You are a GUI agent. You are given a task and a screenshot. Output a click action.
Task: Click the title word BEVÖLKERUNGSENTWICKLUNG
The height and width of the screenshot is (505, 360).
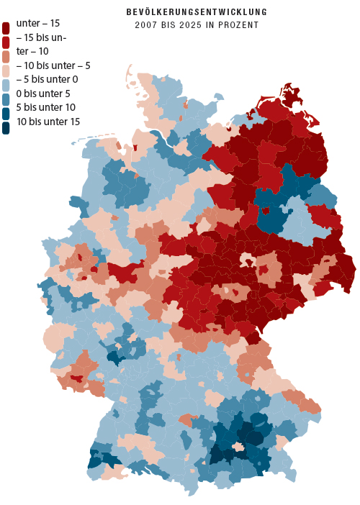(197, 12)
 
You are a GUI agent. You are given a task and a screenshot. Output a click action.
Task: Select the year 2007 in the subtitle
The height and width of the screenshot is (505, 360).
(145, 24)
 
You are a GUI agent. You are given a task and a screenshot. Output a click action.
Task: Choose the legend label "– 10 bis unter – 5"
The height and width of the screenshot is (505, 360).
(53, 65)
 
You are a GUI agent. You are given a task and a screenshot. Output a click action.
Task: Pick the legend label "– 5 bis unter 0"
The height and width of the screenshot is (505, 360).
(47, 79)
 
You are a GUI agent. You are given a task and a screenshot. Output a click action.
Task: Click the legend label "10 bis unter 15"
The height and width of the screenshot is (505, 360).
(47, 121)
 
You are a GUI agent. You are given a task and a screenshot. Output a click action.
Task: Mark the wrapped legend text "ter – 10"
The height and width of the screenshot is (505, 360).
(32, 51)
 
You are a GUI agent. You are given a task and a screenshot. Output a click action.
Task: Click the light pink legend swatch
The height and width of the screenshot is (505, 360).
(6, 71)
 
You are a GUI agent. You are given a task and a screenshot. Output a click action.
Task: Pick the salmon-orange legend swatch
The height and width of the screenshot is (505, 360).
(6, 57)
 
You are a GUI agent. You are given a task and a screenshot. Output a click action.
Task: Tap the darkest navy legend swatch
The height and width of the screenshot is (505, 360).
(6, 127)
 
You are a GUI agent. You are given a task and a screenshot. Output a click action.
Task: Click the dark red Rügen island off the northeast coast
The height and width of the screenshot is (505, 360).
(292, 95)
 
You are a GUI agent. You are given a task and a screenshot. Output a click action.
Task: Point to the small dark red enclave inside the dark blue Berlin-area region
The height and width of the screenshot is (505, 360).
(266, 211)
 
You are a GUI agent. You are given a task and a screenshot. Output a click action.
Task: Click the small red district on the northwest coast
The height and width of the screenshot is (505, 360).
(135, 148)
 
